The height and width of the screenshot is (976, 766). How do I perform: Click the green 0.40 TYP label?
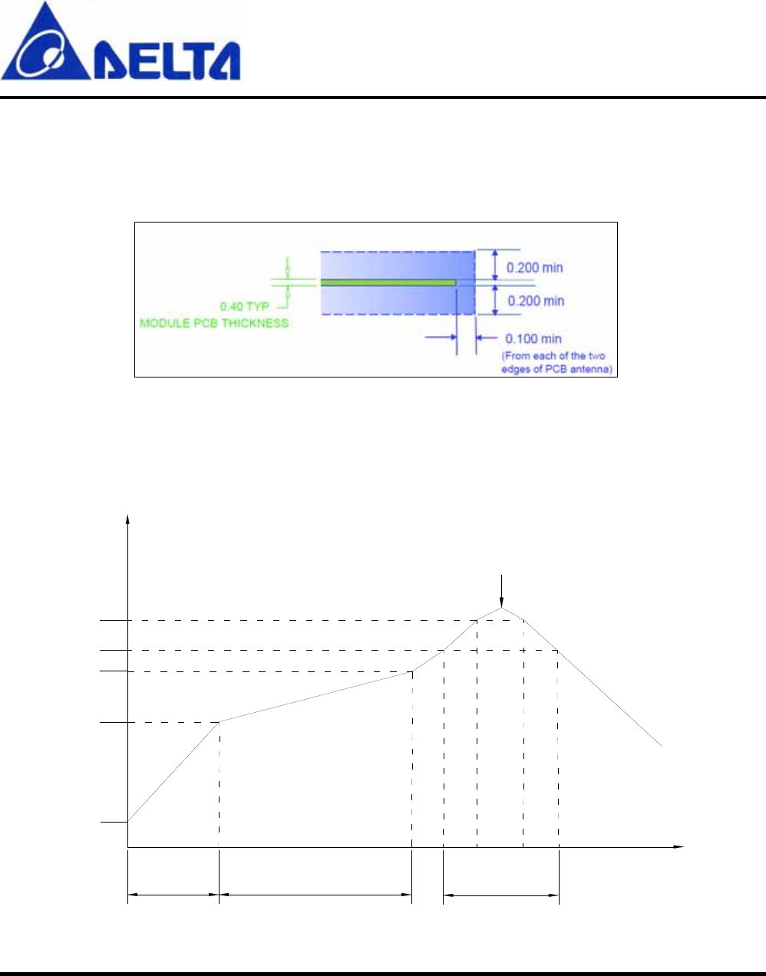244,307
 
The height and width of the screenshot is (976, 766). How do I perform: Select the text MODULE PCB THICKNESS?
214,323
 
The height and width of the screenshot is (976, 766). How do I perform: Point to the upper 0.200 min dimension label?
535,268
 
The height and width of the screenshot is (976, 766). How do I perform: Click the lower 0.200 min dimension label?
536,301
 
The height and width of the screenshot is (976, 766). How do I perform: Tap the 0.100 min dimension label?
533,338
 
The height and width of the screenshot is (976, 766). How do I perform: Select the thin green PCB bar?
388,282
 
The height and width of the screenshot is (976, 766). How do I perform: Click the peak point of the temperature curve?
501,608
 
